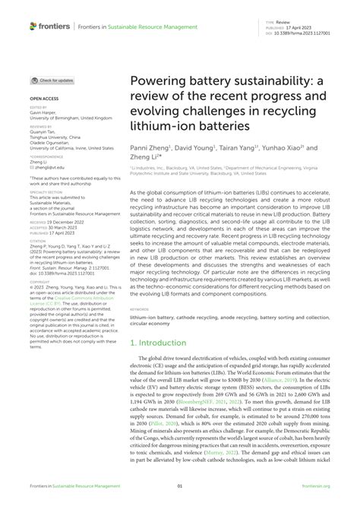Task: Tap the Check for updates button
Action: click(x=52, y=80)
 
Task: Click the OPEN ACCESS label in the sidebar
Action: click(x=46, y=99)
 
